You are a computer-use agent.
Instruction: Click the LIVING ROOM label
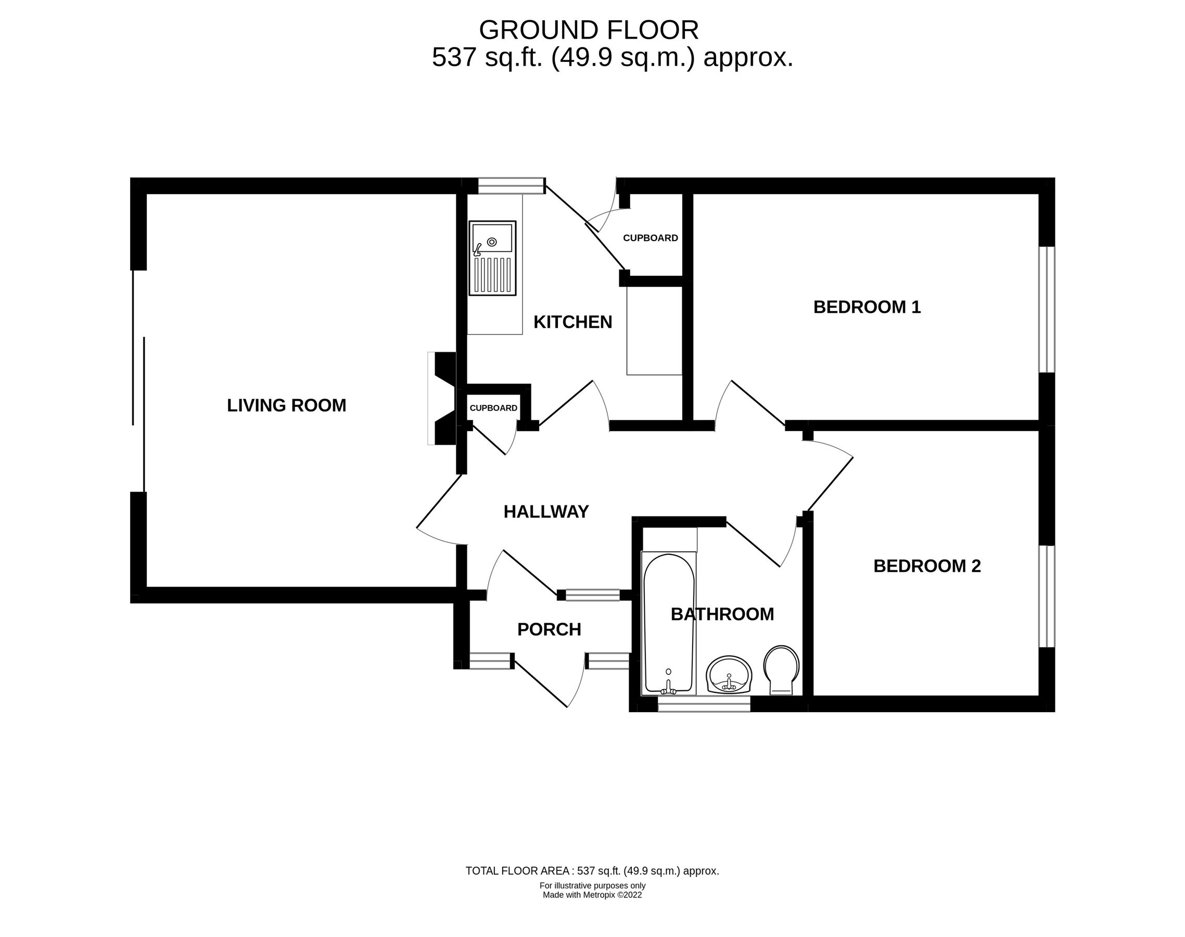click(x=286, y=406)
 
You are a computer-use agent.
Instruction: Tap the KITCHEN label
click(x=572, y=322)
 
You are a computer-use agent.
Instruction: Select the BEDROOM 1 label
click(x=867, y=307)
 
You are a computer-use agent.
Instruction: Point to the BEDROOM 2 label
click(x=926, y=566)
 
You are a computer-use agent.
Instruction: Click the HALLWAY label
click(x=545, y=511)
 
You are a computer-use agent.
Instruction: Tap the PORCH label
click(x=549, y=629)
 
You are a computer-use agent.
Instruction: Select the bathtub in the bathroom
click(x=668, y=623)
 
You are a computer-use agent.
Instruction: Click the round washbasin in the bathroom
click(x=728, y=675)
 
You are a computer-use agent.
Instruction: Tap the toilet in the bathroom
click(x=781, y=670)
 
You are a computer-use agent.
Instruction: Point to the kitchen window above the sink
click(x=511, y=186)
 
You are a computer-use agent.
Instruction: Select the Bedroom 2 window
click(x=1046, y=597)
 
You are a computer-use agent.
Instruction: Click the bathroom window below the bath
click(x=704, y=704)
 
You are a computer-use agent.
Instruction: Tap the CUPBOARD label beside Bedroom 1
click(x=650, y=238)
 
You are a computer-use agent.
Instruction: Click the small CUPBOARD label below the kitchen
click(x=493, y=408)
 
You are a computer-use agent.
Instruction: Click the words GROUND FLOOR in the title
click(x=589, y=30)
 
